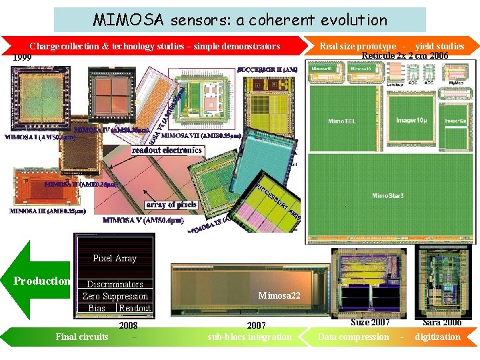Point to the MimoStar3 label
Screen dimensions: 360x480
388,195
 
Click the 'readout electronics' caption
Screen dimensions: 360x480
167,151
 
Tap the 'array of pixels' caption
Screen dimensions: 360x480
171,205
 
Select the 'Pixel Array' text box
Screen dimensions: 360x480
115,258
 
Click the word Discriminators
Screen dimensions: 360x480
115,284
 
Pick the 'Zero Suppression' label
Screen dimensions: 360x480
115,296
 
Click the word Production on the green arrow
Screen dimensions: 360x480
42,281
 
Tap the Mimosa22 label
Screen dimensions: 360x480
279,295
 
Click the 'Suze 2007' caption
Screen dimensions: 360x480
370,323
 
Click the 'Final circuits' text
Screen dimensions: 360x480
82,337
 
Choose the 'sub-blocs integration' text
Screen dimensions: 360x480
249,337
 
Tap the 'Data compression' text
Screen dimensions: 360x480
353,337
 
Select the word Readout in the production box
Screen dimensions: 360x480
135,308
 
